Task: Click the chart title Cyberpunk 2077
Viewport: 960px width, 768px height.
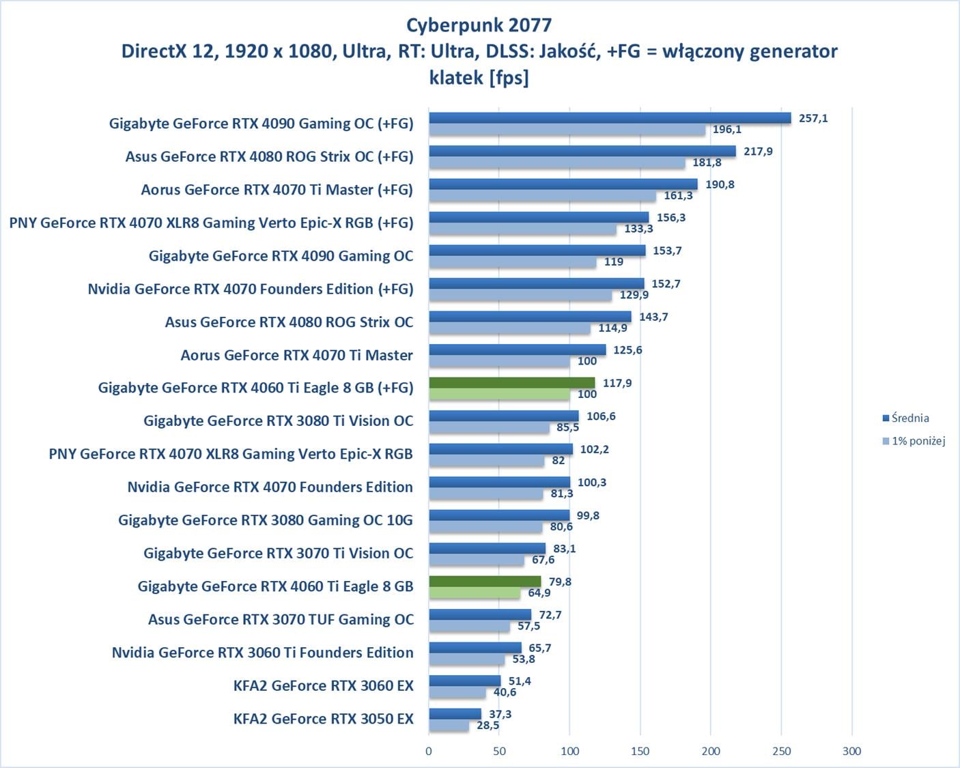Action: click(x=479, y=25)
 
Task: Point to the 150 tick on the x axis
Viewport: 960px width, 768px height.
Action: click(x=640, y=751)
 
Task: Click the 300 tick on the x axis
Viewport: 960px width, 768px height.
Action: click(x=851, y=751)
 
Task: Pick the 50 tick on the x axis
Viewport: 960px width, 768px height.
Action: click(x=499, y=751)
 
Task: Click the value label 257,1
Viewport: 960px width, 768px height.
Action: click(x=813, y=118)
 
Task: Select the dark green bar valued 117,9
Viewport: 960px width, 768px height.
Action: click(x=512, y=383)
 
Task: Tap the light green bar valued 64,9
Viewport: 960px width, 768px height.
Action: click(x=475, y=593)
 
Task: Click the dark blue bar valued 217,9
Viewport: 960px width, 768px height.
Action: click(x=582, y=151)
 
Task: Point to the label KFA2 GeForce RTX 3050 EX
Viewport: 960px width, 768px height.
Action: click(x=324, y=719)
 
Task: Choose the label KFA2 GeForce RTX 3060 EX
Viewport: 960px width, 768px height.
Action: click(x=324, y=685)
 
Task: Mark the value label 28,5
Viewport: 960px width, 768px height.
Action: click(x=488, y=726)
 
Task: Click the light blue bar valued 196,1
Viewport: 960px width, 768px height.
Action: click(x=567, y=130)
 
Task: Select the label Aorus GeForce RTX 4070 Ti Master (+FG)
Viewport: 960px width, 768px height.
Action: click(x=277, y=190)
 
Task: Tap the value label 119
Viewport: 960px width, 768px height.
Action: click(x=613, y=262)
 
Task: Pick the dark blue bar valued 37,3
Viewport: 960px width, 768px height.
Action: click(x=455, y=714)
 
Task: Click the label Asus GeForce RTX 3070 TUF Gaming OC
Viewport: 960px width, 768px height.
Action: click(x=281, y=619)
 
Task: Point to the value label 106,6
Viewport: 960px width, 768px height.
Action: click(x=601, y=416)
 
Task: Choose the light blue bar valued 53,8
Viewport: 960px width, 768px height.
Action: click(x=466, y=659)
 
